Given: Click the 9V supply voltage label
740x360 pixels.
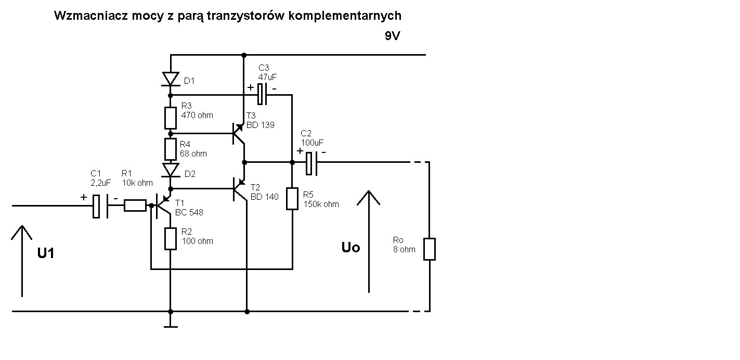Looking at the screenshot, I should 393,36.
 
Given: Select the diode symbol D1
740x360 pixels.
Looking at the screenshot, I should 171,79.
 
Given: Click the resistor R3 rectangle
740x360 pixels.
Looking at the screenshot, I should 171,118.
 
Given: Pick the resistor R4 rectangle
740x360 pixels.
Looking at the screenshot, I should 171,149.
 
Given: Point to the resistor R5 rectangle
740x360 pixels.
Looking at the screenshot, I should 292,199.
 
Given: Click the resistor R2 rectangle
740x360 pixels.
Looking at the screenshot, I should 171,239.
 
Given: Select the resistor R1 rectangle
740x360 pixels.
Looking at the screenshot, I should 135,206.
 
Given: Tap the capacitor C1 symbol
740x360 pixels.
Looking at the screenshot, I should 101,206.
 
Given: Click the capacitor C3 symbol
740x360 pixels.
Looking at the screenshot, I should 263,94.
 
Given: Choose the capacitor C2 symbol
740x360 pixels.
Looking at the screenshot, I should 311,163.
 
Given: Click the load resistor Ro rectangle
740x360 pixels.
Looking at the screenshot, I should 429,249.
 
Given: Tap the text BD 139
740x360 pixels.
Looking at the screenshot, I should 261,125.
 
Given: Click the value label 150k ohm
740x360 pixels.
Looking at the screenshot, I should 321,204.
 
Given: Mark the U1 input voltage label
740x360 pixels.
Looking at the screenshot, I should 46,253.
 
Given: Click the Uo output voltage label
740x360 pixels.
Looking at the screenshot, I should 350,248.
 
